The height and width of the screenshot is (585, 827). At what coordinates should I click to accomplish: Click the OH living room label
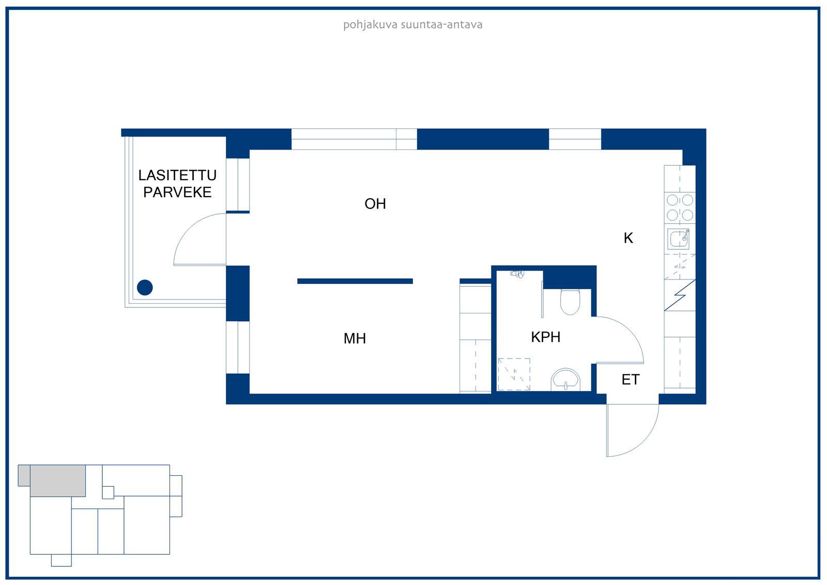coord(375,204)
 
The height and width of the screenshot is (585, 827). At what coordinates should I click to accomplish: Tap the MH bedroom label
coord(355,338)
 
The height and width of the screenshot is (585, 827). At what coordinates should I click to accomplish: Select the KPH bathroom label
coord(546,337)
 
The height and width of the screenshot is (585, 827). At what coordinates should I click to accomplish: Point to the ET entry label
coord(631,380)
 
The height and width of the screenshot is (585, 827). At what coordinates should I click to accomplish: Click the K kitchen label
coord(629,238)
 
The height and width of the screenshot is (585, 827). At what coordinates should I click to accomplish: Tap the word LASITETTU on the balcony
coord(178,175)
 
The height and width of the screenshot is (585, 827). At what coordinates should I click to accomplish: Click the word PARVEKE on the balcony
coord(178,192)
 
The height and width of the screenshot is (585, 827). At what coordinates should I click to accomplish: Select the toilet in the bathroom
coord(570,302)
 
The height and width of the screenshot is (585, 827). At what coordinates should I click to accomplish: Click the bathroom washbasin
coord(565,380)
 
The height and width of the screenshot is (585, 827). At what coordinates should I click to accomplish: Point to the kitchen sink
coord(679,239)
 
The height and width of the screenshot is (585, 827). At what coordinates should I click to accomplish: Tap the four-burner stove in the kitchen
coord(680,208)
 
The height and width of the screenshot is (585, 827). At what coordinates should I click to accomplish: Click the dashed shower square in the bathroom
coord(514,374)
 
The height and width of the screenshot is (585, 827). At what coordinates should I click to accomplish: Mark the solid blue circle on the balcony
coord(145,288)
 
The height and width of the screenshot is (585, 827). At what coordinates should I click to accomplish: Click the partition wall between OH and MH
coord(355,281)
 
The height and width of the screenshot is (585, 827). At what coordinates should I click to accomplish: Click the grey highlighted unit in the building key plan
coord(57,481)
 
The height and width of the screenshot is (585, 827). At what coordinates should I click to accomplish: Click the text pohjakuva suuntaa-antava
coord(413,25)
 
